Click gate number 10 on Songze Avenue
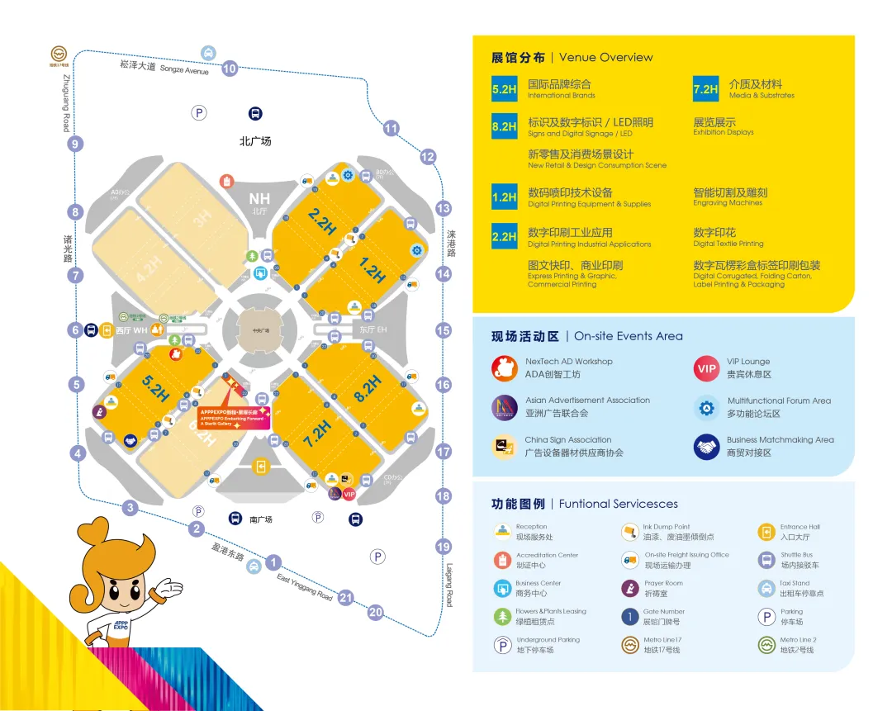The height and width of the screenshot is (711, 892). pyautogui.click(x=230, y=69)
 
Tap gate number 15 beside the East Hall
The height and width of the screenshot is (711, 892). pyautogui.click(x=444, y=330)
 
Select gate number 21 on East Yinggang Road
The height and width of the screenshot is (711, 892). pyautogui.click(x=346, y=598)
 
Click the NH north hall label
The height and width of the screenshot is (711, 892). pyautogui.click(x=260, y=199)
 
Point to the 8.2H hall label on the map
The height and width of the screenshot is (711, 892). pyautogui.click(x=368, y=388)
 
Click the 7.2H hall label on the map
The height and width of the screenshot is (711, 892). pyautogui.click(x=316, y=433)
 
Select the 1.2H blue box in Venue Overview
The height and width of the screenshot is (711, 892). pyautogui.click(x=504, y=197)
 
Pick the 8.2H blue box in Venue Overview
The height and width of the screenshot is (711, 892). pyautogui.click(x=504, y=126)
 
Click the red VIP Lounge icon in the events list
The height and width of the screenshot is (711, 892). pyautogui.click(x=706, y=369)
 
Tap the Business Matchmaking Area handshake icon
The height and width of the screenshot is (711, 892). pyautogui.click(x=706, y=447)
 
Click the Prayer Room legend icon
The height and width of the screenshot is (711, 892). pyautogui.click(x=630, y=588)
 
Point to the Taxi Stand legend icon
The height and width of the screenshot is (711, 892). pyautogui.click(x=766, y=588)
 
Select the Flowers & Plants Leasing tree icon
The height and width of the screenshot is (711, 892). pyautogui.click(x=502, y=616)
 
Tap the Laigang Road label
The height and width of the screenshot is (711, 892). pyautogui.click(x=450, y=585)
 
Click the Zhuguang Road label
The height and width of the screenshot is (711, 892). pyautogui.click(x=65, y=102)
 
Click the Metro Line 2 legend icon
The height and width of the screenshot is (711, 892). pyautogui.click(x=766, y=644)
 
